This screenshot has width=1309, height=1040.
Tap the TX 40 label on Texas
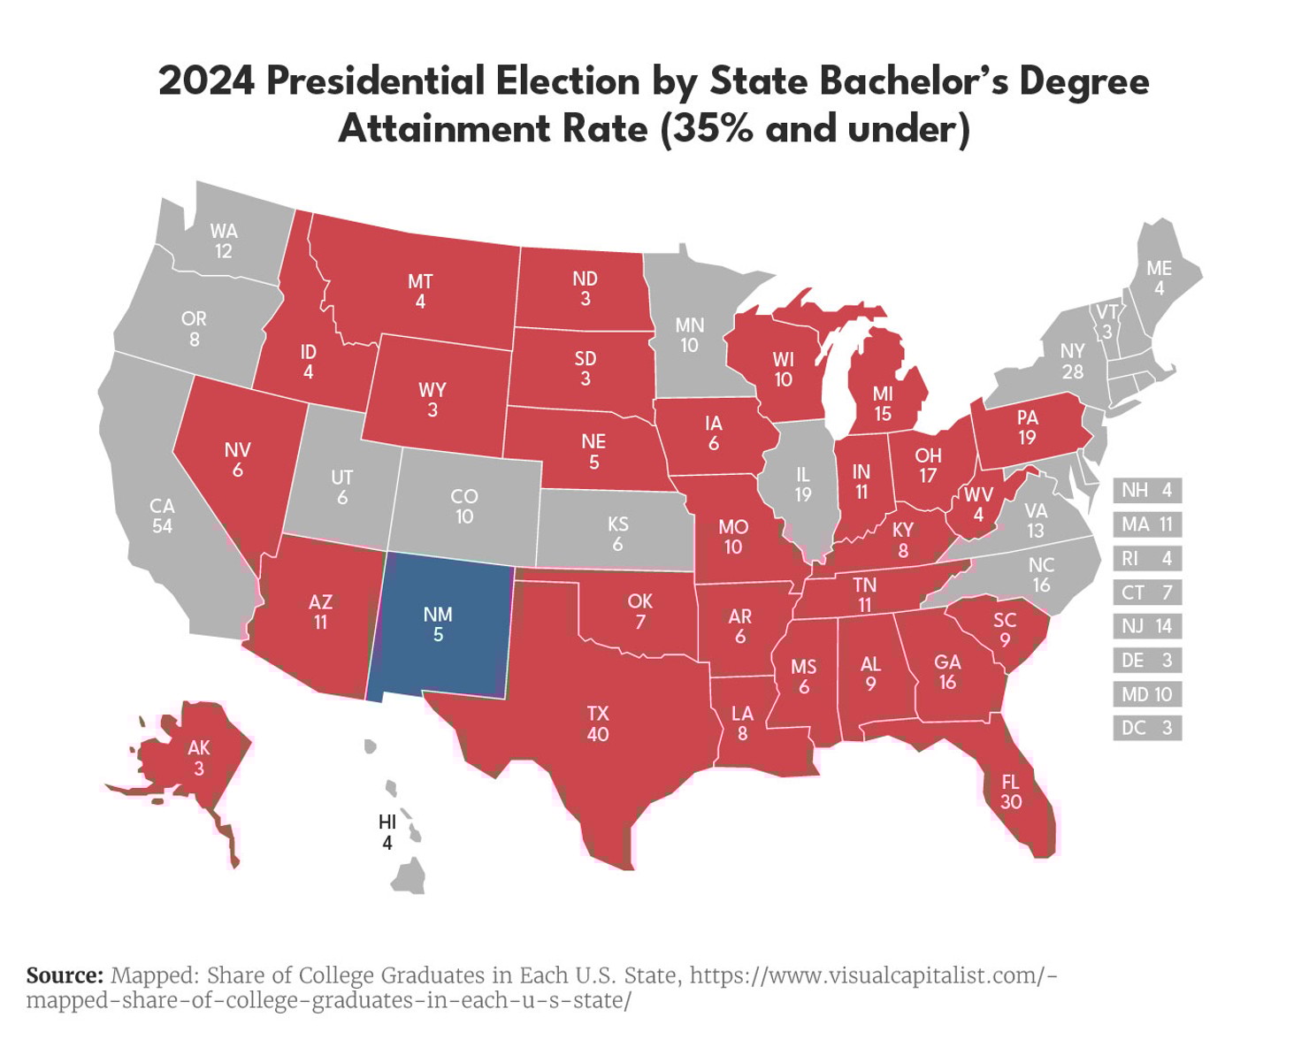coord(598,723)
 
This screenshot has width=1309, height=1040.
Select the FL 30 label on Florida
coord(1011,791)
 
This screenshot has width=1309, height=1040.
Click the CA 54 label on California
coord(162,516)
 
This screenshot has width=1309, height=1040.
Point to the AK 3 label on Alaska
coord(199,758)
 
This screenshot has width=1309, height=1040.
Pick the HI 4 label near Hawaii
coord(387,832)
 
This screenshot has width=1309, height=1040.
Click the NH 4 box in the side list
coord(1146,490)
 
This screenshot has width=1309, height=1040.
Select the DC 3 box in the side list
coord(1146,728)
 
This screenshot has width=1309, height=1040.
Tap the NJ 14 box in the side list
coord(1146,626)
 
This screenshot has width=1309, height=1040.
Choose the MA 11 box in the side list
coord(1146,524)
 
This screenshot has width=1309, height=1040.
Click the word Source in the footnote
coord(65,975)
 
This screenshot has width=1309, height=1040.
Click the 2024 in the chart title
coord(206,81)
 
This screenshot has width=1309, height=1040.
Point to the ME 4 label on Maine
coord(1159,278)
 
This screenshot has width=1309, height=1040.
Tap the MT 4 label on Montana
coord(420,291)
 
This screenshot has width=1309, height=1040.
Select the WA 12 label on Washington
coord(224,241)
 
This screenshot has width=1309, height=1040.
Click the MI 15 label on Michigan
coord(883,403)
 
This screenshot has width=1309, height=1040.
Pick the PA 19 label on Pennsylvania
coord(1027,427)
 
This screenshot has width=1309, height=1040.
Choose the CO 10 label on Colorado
coord(464,506)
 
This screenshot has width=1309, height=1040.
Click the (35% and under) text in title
coord(815,129)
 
